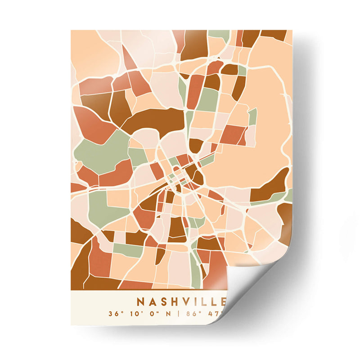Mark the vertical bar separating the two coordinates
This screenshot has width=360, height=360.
click(178, 313)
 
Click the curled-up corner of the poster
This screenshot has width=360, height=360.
click(252, 288)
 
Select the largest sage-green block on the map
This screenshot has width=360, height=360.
click(101, 151)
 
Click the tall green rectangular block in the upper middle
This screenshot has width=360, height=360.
click(208, 99)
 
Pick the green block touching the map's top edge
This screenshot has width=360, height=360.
click(219, 34)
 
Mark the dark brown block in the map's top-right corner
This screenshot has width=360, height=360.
click(274, 34)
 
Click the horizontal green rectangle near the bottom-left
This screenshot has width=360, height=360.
click(128, 249)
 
